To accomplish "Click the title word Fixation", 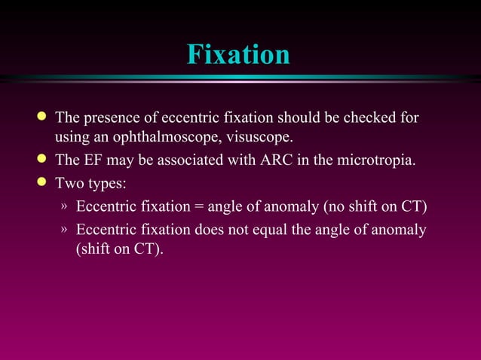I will coord(238,55).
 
